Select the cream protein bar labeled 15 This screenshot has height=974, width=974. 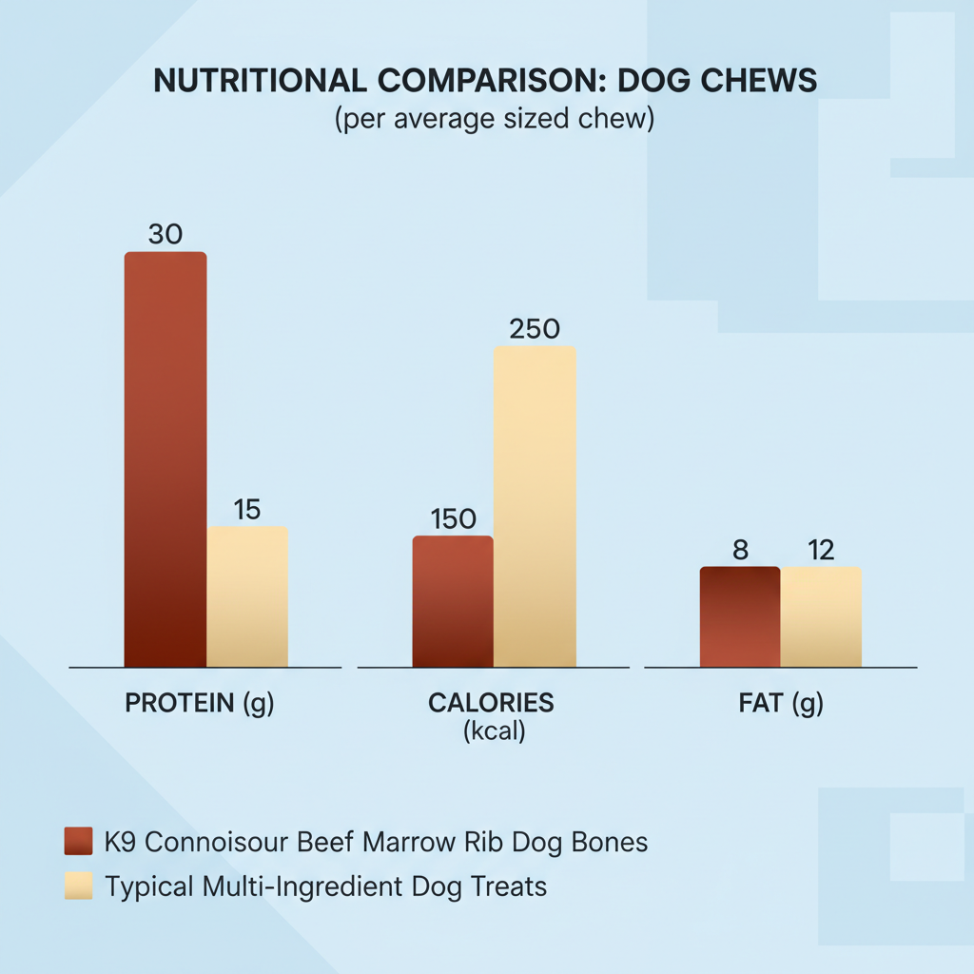[247, 596]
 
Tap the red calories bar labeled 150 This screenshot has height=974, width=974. [453, 601]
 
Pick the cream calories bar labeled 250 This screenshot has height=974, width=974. [535, 506]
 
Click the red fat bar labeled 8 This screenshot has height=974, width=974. [740, 616]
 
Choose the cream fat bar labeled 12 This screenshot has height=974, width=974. [822, 616]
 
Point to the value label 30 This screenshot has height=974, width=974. [166, 234]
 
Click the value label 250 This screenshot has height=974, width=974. [535, 329]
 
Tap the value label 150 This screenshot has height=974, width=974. [453, 519]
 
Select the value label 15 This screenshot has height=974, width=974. [247, 510]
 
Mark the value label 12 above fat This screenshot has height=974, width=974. [822, 550]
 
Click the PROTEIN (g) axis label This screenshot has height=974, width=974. [200, 704]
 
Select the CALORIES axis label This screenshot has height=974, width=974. [491, 704]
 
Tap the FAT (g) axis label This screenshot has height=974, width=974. [781, 704]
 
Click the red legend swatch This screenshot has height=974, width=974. [79, 842]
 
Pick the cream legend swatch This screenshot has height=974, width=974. [79, 886]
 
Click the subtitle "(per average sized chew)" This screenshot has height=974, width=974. [493, 121]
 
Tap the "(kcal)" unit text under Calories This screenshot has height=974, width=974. [491, 733]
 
